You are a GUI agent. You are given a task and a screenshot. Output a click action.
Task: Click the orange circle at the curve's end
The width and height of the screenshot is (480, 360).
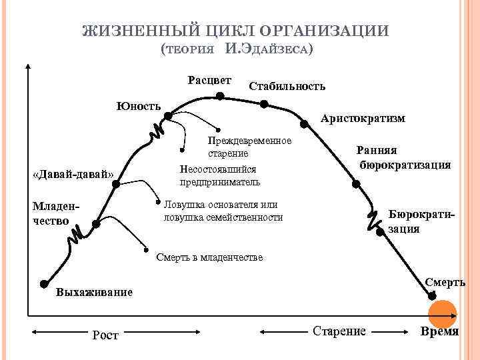click(x=441, y=314)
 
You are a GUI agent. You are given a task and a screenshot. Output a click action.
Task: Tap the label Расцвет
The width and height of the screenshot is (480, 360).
click(x=210, y=81)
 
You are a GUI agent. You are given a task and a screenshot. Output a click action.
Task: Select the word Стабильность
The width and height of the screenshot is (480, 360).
click(x=287, y=86)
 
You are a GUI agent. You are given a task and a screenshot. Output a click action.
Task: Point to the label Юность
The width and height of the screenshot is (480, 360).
click(x=139, y=106)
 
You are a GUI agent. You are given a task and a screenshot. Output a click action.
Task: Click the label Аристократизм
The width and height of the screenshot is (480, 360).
click(x=363, y=118)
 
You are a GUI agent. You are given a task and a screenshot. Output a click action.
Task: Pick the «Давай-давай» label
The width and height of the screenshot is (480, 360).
click(x=73, y=175)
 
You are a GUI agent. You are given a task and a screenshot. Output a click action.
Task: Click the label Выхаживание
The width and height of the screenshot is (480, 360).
click(x=94, y=292)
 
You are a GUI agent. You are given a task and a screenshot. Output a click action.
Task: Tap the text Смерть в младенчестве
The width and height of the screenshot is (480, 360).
click(x=209, y=257)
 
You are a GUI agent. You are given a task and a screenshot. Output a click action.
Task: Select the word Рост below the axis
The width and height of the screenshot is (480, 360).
click(x=105, y=335)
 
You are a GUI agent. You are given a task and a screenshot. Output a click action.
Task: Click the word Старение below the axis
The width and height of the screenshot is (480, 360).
click(x=339, y=331)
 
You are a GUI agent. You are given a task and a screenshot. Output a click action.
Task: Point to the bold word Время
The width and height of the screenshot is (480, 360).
click(x=439, y=331)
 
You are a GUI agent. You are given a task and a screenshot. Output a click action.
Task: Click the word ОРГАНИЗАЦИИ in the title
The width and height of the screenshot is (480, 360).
click(x=323, y=31)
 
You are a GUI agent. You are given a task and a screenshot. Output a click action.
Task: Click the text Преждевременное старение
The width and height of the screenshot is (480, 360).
click(x=249, y=147)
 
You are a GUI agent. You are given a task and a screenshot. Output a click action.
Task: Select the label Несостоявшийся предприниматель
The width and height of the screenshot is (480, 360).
click(x=220, y=175)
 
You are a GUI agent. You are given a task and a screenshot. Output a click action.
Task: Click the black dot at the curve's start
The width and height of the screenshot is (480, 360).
click(x=44, y=283)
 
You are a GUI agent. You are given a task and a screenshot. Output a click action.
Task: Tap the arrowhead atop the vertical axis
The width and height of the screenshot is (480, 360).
click(x=28, y=66)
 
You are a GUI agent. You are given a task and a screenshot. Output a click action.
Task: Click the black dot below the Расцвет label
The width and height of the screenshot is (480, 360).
click(x=220, y=96)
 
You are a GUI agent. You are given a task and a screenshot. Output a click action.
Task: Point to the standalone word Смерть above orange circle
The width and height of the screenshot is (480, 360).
click(x=445, y=283)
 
